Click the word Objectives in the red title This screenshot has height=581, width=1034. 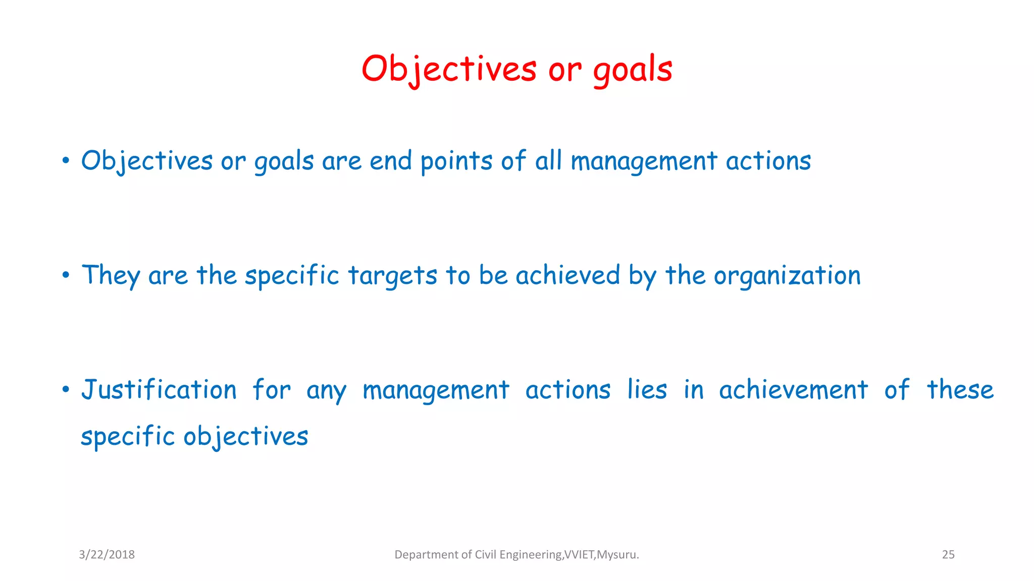(449, 69)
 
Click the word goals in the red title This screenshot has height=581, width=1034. (633, 70)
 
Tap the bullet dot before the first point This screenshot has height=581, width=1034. (66, 161)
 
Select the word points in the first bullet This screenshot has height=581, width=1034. (456, 162)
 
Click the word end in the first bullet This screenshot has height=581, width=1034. (391, 161)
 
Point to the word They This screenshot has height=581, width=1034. (111, 276)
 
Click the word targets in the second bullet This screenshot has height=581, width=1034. (392, 276)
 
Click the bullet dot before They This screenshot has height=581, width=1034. (66, 275)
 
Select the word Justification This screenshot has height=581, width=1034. (159, 390)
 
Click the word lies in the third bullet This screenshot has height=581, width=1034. (647, 390)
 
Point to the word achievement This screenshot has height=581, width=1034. (793, 390)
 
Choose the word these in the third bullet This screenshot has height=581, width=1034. (960, 390)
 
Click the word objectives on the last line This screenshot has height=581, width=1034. (245, 437)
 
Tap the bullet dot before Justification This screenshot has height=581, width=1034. (66, 390)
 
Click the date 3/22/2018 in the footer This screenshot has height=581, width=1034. (107, 555)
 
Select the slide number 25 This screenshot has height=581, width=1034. (948, 555)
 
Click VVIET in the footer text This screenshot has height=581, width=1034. (579, 555)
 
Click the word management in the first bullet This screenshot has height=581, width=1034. (644, 162)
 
